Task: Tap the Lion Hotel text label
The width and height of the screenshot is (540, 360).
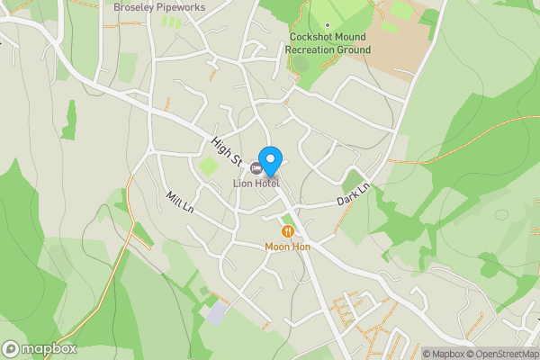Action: coord(256,184)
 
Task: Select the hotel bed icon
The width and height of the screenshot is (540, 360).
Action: coord(257,168)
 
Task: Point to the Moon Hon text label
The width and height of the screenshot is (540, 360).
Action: coord(287,246)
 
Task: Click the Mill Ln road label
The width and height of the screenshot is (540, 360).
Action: coord(180,202)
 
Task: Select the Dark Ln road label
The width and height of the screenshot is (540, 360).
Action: coord(355,193)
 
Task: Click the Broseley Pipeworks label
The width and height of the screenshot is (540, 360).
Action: coord(159,7)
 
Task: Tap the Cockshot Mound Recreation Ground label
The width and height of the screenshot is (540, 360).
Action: coord(328,43)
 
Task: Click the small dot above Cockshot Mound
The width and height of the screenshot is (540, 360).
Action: coord(328,25)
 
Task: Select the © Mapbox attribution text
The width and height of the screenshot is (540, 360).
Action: coord(445,354)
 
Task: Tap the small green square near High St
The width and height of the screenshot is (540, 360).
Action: coord(209,166)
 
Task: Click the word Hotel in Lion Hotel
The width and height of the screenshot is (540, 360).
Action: coord(266,184)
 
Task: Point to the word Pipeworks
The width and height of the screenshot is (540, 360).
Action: coord(180,7)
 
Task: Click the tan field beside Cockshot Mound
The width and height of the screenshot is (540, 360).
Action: coord(396,45)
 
